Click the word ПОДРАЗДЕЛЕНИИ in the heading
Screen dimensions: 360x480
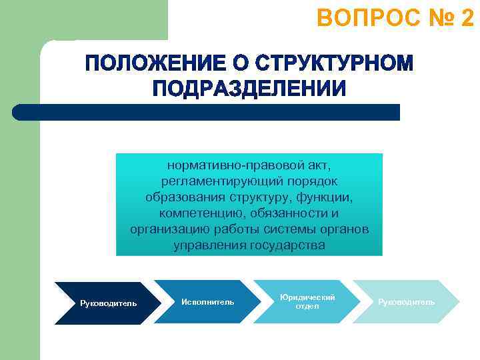tap(249, 89)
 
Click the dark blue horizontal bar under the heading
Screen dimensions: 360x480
tap(207, 112)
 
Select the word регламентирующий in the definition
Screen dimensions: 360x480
tap(215, 181)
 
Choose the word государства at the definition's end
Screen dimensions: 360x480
tap(288, 245)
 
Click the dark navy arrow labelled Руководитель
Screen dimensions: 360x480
tap(108, 303)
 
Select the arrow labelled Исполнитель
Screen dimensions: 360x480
tap(207, 303)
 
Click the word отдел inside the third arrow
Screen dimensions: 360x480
tap(307, 307)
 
